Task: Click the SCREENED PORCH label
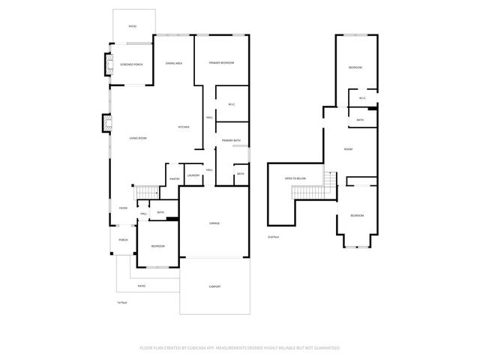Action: tap(131, 64)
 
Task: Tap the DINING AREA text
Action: tap(174, 63)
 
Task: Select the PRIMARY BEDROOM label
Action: tap(222, 63)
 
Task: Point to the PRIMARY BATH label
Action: tap(231, 140)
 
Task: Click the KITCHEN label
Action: tap(184, 127)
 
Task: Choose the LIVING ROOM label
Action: tap(137, 138)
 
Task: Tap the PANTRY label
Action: tap(174, 178)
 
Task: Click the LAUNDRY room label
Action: tap(193, 175)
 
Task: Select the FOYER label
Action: tap(122, 208)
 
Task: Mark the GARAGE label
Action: tap(214, 224)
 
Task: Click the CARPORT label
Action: tap(214, 286)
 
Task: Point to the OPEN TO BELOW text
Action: tap(295, 178)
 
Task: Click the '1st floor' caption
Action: tap(121, 302)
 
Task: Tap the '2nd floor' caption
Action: tap(274, 237)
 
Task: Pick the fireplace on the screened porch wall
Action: tap(105, 67)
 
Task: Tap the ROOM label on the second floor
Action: tap(348, 149)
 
